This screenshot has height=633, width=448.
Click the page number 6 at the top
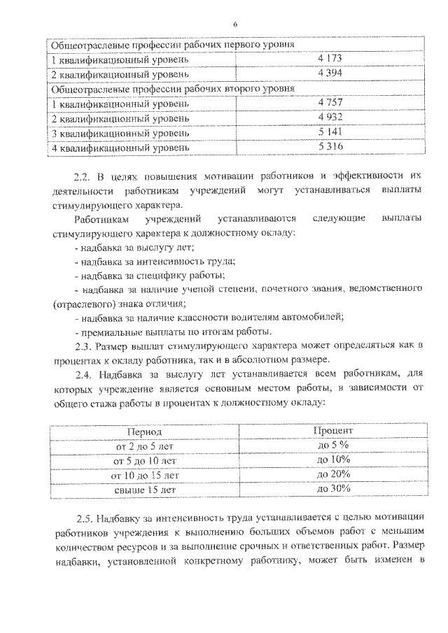(235, 24)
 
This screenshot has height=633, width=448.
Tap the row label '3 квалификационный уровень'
(120, 133)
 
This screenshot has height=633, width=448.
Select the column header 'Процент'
(332, 432)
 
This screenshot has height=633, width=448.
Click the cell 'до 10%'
(333, 461)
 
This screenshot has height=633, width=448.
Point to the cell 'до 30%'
(333, 490)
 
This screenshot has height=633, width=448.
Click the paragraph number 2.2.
(82, 177)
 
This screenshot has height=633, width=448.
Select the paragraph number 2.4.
(82, 376)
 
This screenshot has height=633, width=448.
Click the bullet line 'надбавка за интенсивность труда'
(154, 262)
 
